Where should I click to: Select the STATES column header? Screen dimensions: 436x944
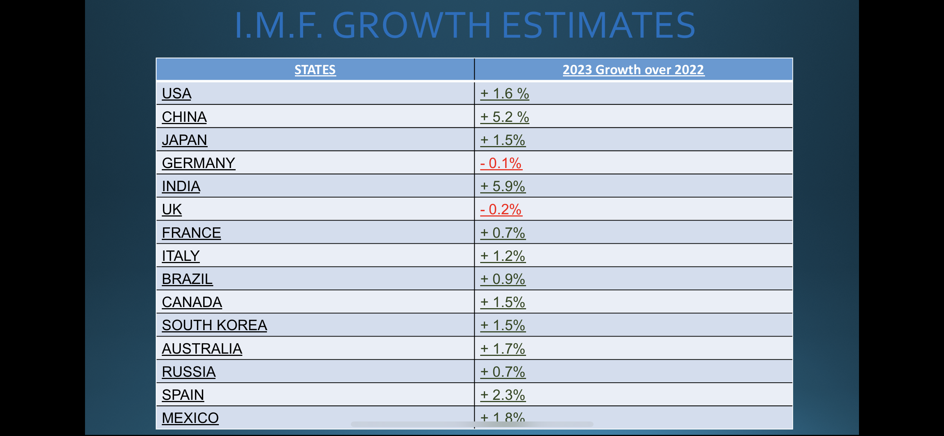[x=315, y=70]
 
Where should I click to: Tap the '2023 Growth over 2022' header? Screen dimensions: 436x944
[x=633, y=70]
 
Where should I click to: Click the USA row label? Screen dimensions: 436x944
[x=176, y=94]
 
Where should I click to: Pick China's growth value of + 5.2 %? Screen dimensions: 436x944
[x=504, y=117]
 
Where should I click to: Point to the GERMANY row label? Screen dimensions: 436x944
[x=198, y=163]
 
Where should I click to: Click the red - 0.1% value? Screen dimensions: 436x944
[x=501, y=163]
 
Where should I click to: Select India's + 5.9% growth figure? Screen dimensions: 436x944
[x=503, y=186]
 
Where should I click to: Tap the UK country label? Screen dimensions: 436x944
[x=172, y=209]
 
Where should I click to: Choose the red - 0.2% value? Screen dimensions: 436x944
[x=501, y=209]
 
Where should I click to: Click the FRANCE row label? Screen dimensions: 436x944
[x=191, y=233]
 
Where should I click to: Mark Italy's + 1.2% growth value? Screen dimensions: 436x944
[x=503, y=256]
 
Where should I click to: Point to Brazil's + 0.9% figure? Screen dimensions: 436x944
[x=503, y=279]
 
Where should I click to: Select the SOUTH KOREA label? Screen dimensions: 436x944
[x=214, y=325]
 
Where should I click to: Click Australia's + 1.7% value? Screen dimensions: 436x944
[x=503, y=349]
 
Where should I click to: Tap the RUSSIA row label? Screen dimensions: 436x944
[x=189, y=372]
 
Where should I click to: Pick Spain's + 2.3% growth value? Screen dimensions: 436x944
[x=503, y=395]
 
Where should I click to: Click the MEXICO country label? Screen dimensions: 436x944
[x=190, y=418]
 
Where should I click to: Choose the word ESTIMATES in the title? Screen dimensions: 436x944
[x=598, y=25]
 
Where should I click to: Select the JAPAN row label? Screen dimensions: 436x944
[x=184, y=140]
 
